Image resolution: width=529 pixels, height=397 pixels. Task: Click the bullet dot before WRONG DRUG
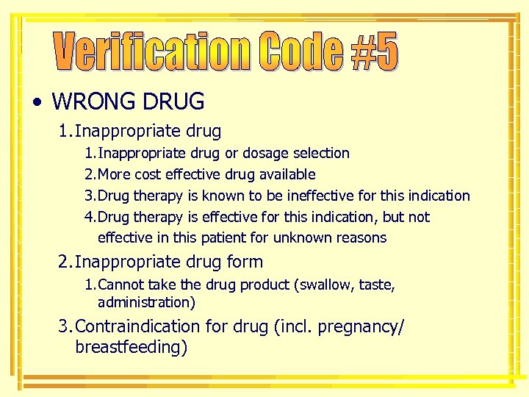(x=37, y=101)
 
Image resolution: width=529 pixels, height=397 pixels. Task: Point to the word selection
(x=321, y=154)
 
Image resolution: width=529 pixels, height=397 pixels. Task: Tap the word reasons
(x=361, y=238)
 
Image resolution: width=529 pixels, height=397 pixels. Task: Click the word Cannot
(x=120, y=285)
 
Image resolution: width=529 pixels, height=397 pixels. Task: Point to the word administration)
(x=146, y=303)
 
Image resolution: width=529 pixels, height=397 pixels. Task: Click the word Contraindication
(x=137, y=326)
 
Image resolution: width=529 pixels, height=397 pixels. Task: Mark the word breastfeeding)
(x=132, y=347)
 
